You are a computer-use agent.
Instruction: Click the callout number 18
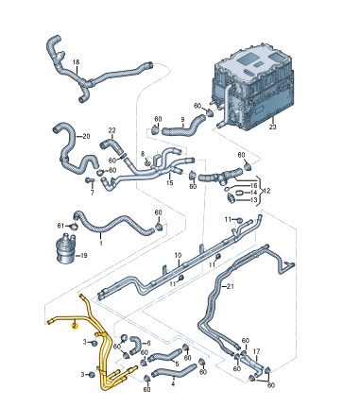click(77, 62)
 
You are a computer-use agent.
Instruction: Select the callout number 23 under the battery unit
click(273, 127)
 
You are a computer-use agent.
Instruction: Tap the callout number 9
click(182, 119)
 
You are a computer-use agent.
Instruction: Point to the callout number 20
click(86, 136)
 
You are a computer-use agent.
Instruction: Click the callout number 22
click(112, 130)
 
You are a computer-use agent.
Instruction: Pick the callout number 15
click(170, 183)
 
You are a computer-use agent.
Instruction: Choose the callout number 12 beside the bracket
click(266, 191)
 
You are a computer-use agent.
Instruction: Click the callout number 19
click(83, 255)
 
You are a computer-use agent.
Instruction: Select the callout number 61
click(60, 226)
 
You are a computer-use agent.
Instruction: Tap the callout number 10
click(178, 254)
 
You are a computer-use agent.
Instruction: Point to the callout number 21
click(231, 287)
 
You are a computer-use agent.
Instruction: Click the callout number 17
click(257, 350)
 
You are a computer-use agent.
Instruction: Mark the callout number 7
click(93, 193)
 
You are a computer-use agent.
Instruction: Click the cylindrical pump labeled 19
click(66, 247)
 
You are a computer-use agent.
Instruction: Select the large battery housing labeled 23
click(253, 88)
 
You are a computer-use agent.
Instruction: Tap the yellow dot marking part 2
click(75, 326)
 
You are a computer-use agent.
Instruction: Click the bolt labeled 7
click(89, 180)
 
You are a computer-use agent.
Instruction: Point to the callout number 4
click(173, 384)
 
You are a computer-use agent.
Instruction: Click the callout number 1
click(101, 243)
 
